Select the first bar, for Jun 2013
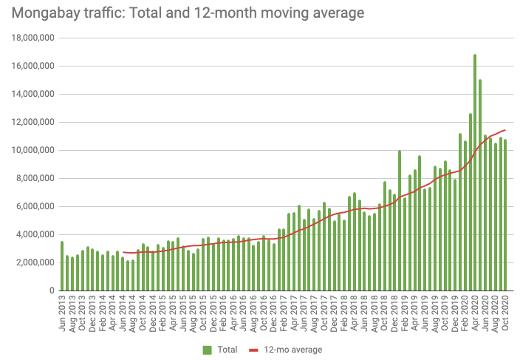[62, 266]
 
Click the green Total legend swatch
[208, 349]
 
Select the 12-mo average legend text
[298, 349]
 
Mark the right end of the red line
[505, 130]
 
